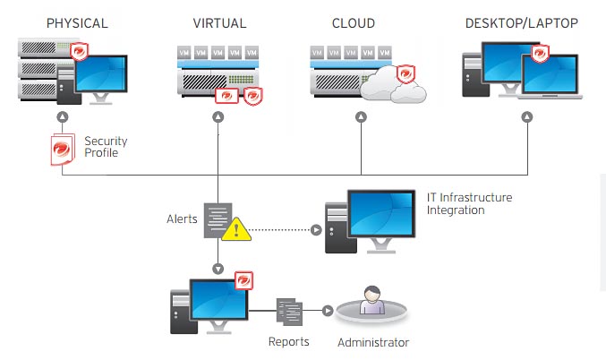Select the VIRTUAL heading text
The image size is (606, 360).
(218, 21)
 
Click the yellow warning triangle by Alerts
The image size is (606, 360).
(236, 228)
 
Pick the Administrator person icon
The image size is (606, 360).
(373, 301)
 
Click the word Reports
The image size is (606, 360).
(289, 341)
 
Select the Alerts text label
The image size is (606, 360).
(182, 219)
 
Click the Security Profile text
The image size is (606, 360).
(106, 147)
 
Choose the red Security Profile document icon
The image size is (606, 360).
(63, 149)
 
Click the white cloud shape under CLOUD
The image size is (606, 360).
(400, 87)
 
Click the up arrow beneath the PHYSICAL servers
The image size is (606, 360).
(63, 116)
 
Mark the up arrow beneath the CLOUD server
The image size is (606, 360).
(361, 116)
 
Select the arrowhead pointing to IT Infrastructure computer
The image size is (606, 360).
(315, 228)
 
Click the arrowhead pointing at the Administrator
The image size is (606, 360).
(328, 311)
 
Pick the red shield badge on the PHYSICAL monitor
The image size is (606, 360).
(80, 49)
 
